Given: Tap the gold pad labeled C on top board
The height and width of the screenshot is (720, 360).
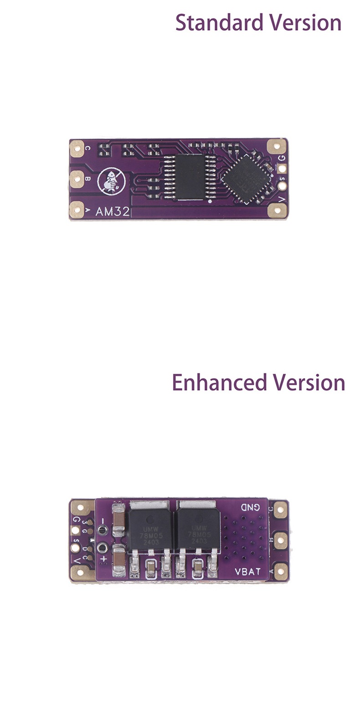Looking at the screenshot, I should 76,147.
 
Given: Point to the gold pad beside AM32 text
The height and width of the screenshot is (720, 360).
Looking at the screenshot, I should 76,210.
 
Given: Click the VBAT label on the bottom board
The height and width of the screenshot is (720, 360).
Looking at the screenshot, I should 247,571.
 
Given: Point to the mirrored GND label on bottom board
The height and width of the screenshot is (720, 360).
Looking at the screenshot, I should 250,507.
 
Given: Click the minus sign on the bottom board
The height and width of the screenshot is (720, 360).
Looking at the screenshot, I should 103,520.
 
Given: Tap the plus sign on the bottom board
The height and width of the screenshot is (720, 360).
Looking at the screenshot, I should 103,558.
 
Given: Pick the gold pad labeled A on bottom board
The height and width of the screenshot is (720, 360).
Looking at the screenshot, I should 280,569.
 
